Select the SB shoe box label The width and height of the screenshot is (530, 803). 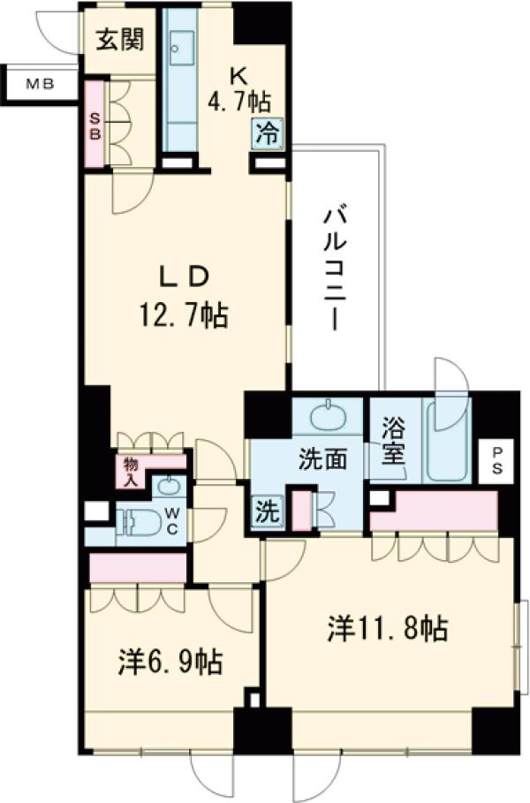click(95, 125)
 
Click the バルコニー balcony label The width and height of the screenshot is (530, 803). click(334, 269)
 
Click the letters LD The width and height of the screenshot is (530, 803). click(184, 277)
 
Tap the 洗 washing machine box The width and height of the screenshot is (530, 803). click(265, 511)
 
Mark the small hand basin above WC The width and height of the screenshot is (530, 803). click(166, 485)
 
